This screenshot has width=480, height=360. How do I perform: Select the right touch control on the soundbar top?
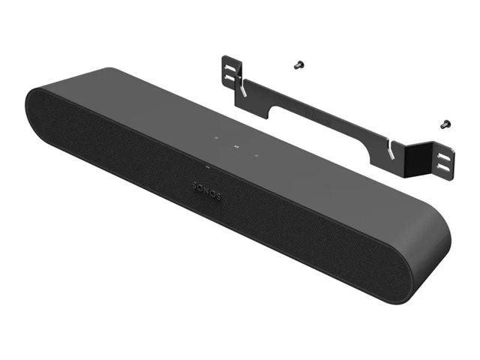coord(256,155)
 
